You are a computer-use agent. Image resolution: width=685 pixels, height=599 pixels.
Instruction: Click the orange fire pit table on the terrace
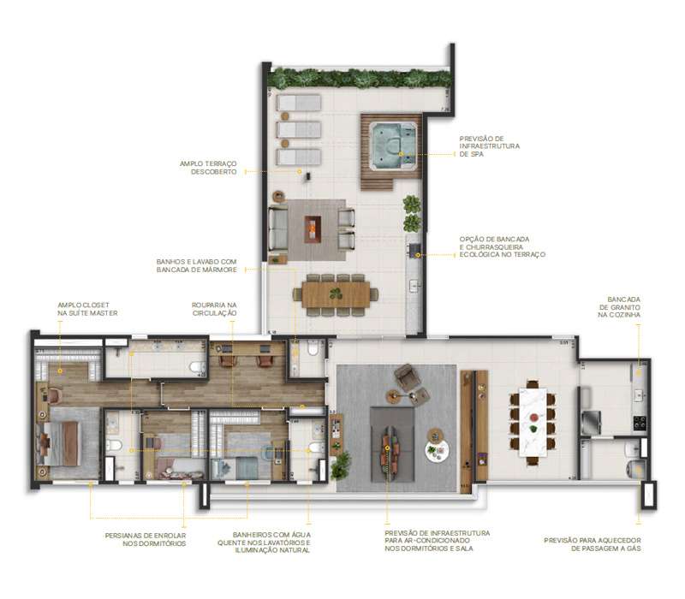tap(313, 228)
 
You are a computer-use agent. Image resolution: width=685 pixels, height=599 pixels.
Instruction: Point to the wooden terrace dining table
tap(336, 294)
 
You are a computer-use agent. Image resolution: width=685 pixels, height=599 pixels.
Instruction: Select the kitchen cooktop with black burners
tap(638, 421)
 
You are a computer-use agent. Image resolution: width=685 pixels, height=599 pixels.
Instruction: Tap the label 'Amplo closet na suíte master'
tap(87, 308)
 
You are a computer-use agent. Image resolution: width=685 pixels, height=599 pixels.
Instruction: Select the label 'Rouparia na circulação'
tap(214, 308)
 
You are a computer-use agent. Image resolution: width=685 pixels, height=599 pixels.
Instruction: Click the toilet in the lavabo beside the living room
tap(311, 349)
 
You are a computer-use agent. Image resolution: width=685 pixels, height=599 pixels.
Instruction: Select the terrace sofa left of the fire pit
tap(278, 227)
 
